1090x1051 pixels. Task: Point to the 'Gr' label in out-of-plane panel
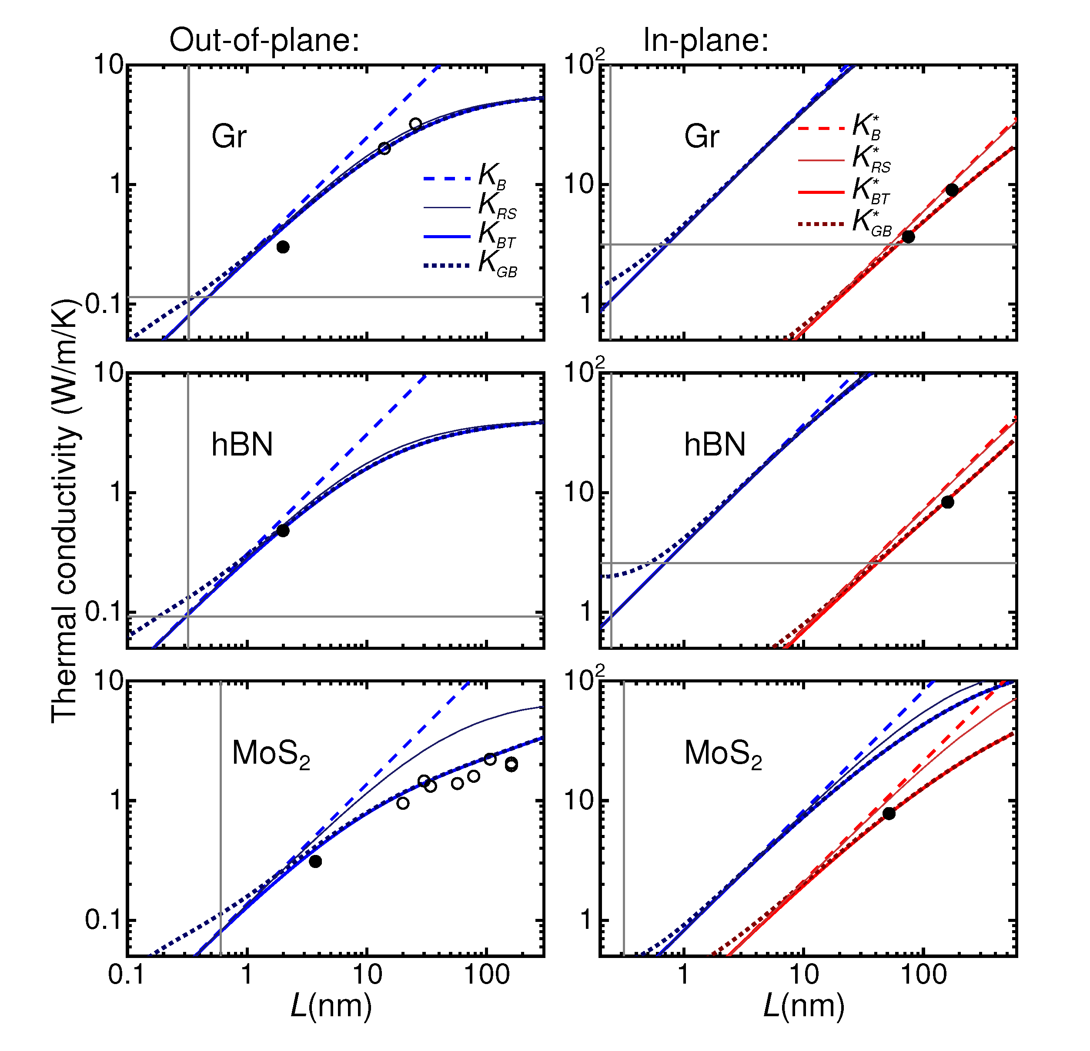228,137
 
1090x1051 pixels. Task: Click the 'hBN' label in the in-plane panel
714,445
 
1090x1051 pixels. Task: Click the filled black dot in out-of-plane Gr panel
283,247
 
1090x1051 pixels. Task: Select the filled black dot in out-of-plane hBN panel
283,531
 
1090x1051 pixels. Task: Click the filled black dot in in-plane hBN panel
948,502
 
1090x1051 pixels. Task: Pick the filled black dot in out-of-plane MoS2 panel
315,861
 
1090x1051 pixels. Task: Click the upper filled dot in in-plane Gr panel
952,190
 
